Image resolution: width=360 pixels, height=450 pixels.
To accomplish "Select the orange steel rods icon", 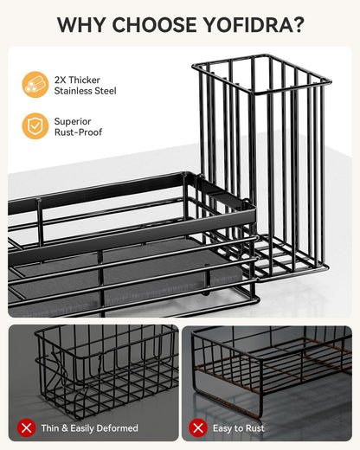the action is pyautogui.click(x=35, y=85).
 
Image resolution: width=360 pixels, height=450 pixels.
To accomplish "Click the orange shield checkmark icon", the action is pyautogui.click(x=35, y=126).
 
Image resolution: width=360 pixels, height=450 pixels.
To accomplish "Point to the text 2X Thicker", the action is pyautogui.click(x=77, y=80).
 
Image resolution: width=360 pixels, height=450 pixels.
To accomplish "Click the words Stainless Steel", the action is pyautogui.click(x=86, y=91).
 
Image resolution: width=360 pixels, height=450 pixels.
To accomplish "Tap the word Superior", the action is pyautogui.click(x=73, y=121).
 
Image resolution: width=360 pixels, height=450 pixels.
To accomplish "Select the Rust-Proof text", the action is pyautogui.click(x=79, y=132).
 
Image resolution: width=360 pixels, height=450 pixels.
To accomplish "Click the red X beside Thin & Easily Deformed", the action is pyautogui.click(x=26, y=428).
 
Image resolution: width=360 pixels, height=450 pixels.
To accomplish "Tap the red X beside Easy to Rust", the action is pyautogui.click(x=198, y=428).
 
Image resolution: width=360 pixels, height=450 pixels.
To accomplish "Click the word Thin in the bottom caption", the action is pyautogui.click(x=50, y=428).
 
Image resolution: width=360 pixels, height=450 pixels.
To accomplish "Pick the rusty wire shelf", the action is pyautogui.click(x=271, y=372).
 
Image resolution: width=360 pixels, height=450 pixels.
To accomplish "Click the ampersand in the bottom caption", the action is pyautogui.click(x=65, y=428).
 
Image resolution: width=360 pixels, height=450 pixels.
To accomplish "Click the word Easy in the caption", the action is pyautogui.click(x=223, y=428).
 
